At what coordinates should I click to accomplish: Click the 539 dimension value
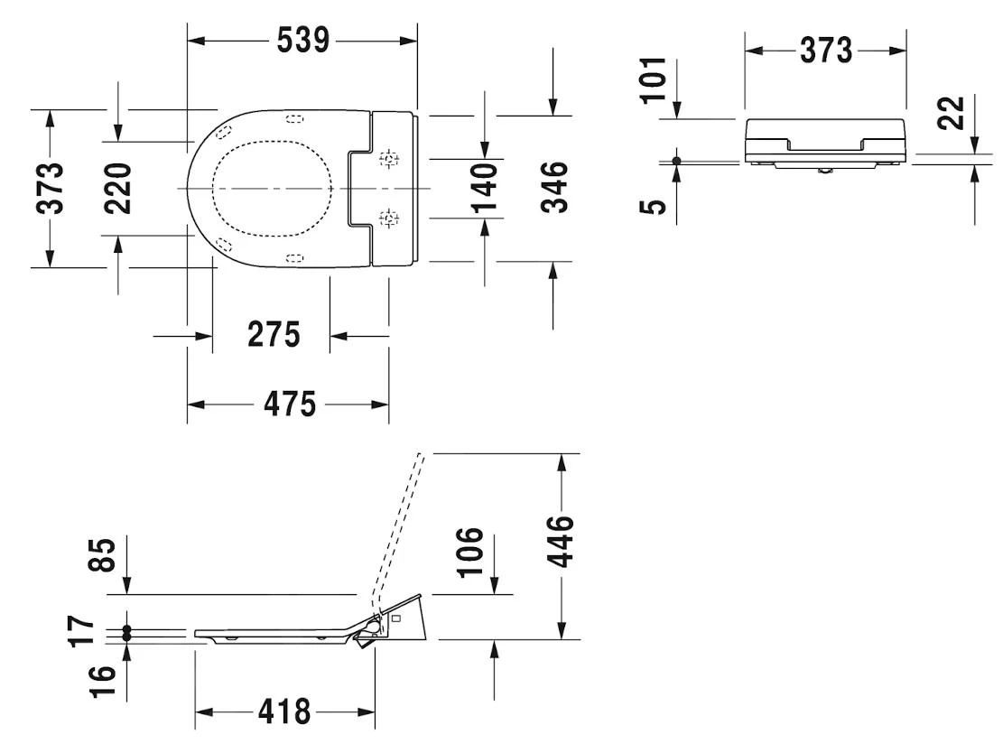point(302,41)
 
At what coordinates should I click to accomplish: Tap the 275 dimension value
point(274,335)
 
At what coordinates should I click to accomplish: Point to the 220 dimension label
point(117,188)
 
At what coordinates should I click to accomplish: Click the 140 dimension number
point(485,188)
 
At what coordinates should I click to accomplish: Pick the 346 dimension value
point(554,187)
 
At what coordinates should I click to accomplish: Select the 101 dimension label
point(654,79)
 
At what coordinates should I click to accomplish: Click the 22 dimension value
point(952,113)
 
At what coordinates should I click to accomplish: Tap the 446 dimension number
point(562,540)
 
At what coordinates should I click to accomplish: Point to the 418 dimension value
point(285,712)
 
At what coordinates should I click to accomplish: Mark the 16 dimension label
point(103,680)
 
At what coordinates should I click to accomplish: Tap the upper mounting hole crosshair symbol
point(389,160)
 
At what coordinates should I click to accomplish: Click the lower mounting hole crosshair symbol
point(389,218)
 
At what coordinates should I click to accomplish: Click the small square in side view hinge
point(395,619)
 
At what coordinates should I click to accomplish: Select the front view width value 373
point(825,51)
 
